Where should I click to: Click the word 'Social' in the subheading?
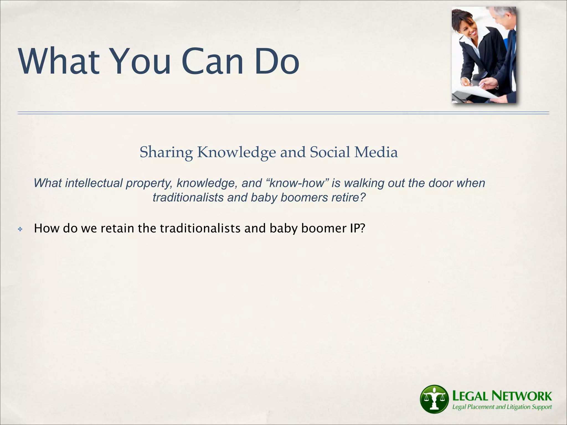tap(330, 152)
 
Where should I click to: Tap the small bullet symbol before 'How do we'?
tap(20, 229)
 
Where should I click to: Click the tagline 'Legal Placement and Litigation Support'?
tap(502, 407)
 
